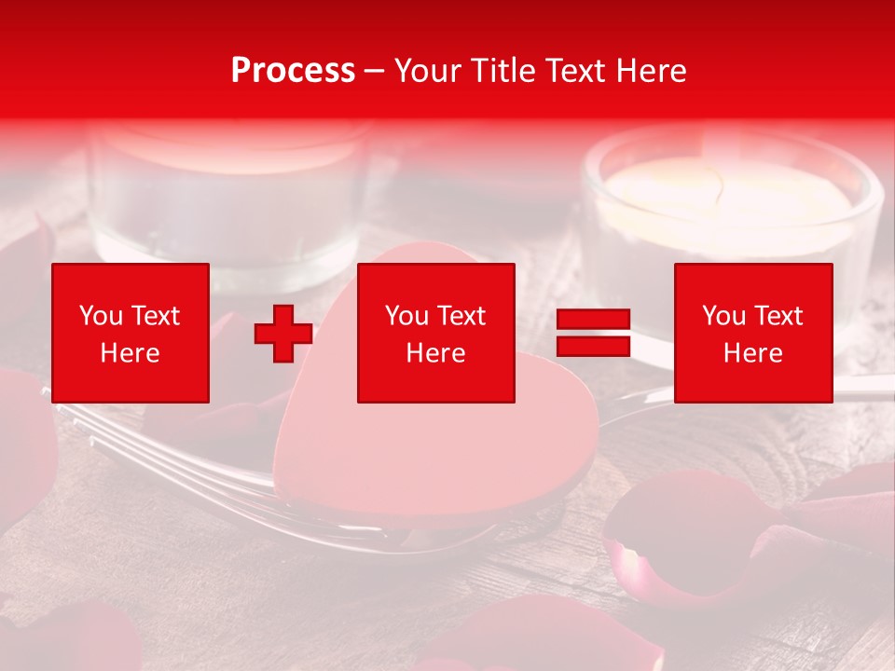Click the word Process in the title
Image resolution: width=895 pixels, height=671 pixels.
pos(293,71)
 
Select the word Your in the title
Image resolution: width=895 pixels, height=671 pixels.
pos(427,71)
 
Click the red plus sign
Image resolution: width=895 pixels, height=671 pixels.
pos(283,333)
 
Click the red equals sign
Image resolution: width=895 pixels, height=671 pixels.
pos(593,333)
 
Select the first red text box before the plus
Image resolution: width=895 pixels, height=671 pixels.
pos(131,333)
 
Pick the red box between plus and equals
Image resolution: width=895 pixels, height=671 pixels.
pos(436,333)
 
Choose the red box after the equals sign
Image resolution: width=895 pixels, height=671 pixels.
pos(753,333)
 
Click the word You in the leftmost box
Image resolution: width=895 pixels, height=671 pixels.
pos(100,316)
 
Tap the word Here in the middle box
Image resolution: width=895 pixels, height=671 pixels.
pos(436,353)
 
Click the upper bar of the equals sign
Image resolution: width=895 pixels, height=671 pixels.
pos(593,320)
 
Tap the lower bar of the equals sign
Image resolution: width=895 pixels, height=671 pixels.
pos(593,346)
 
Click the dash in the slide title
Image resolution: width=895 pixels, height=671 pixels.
pos(375,71)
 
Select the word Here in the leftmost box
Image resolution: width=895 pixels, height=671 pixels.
pos(131,353)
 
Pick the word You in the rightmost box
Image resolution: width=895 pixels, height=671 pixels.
pos(723,316)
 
